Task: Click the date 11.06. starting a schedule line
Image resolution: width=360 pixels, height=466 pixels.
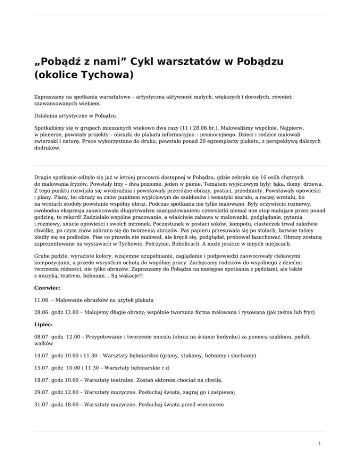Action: (x=43, y=299)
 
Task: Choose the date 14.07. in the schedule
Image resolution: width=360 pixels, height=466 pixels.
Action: (x=43, y=356)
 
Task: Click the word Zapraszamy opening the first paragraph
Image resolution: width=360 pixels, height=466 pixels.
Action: (x=52, y=96)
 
